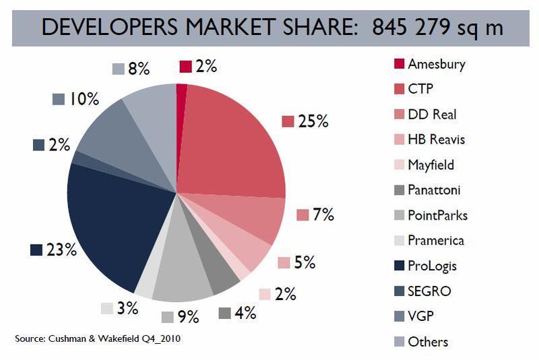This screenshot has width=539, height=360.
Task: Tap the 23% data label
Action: (x=61, y=250)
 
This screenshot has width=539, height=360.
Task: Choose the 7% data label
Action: (x=323, y=215)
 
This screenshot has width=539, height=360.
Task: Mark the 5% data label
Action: (x=305, y=262)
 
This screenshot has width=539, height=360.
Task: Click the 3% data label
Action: (x=127, y=308)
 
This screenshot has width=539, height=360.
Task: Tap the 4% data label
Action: (x=245, y=313)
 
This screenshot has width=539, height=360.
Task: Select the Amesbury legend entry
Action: (x=437, y=65)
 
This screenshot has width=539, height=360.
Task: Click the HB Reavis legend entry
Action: (x=437, y=140)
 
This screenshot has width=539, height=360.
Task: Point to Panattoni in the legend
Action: (x=435, y=190)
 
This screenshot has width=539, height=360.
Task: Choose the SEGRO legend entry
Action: (x=429, y=291)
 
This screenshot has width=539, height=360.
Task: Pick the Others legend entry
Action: (x=428, y=342)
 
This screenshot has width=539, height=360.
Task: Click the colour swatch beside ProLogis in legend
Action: (x=399, y=266)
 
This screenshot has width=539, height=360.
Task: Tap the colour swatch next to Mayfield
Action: (x=399, y=165)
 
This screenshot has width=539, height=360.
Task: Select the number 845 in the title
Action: (x=390, y=28)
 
